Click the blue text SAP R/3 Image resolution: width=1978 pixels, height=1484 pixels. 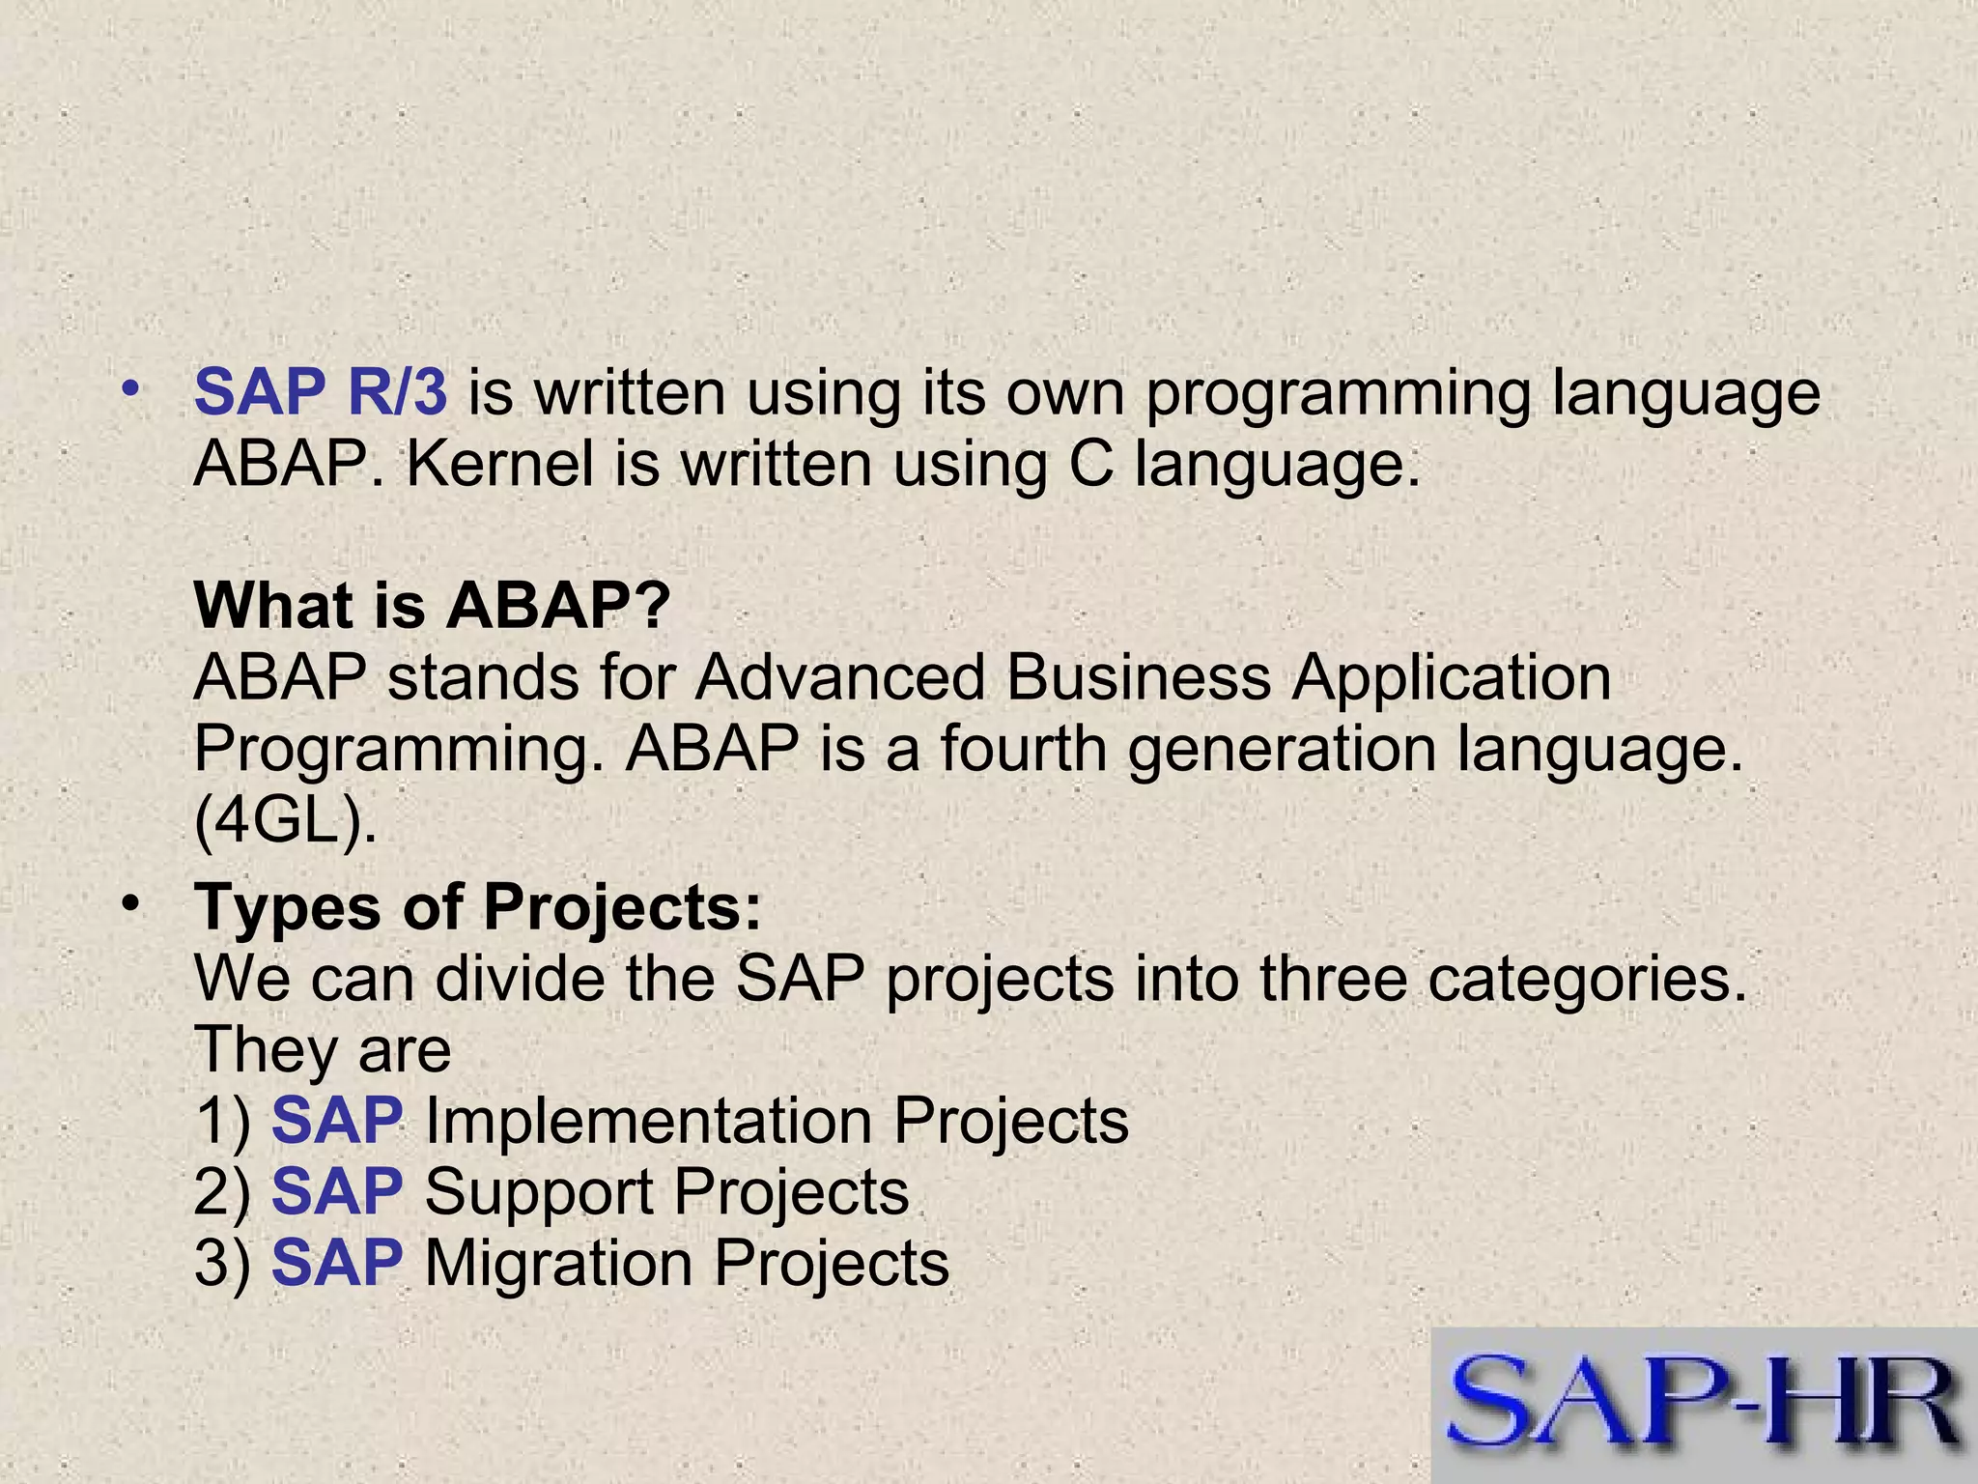(x=320, y=393)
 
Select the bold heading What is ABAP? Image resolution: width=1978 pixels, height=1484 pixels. (x=432, y=606)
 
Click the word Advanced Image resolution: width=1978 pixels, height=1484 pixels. (x=839, y=677)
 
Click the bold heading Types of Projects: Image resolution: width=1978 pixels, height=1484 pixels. (x=478, y=908)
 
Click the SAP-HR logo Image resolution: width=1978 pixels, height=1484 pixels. (x=1704, y=1405)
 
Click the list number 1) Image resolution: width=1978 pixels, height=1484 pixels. (x=222, y=1122)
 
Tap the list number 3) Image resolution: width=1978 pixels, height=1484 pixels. (x=222, y=1264)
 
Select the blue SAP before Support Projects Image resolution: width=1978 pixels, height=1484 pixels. (x=336, y=1192)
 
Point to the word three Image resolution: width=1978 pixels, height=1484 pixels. (x=1333, y=980)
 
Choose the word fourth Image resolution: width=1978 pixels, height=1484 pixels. (x=1023, y=749)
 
